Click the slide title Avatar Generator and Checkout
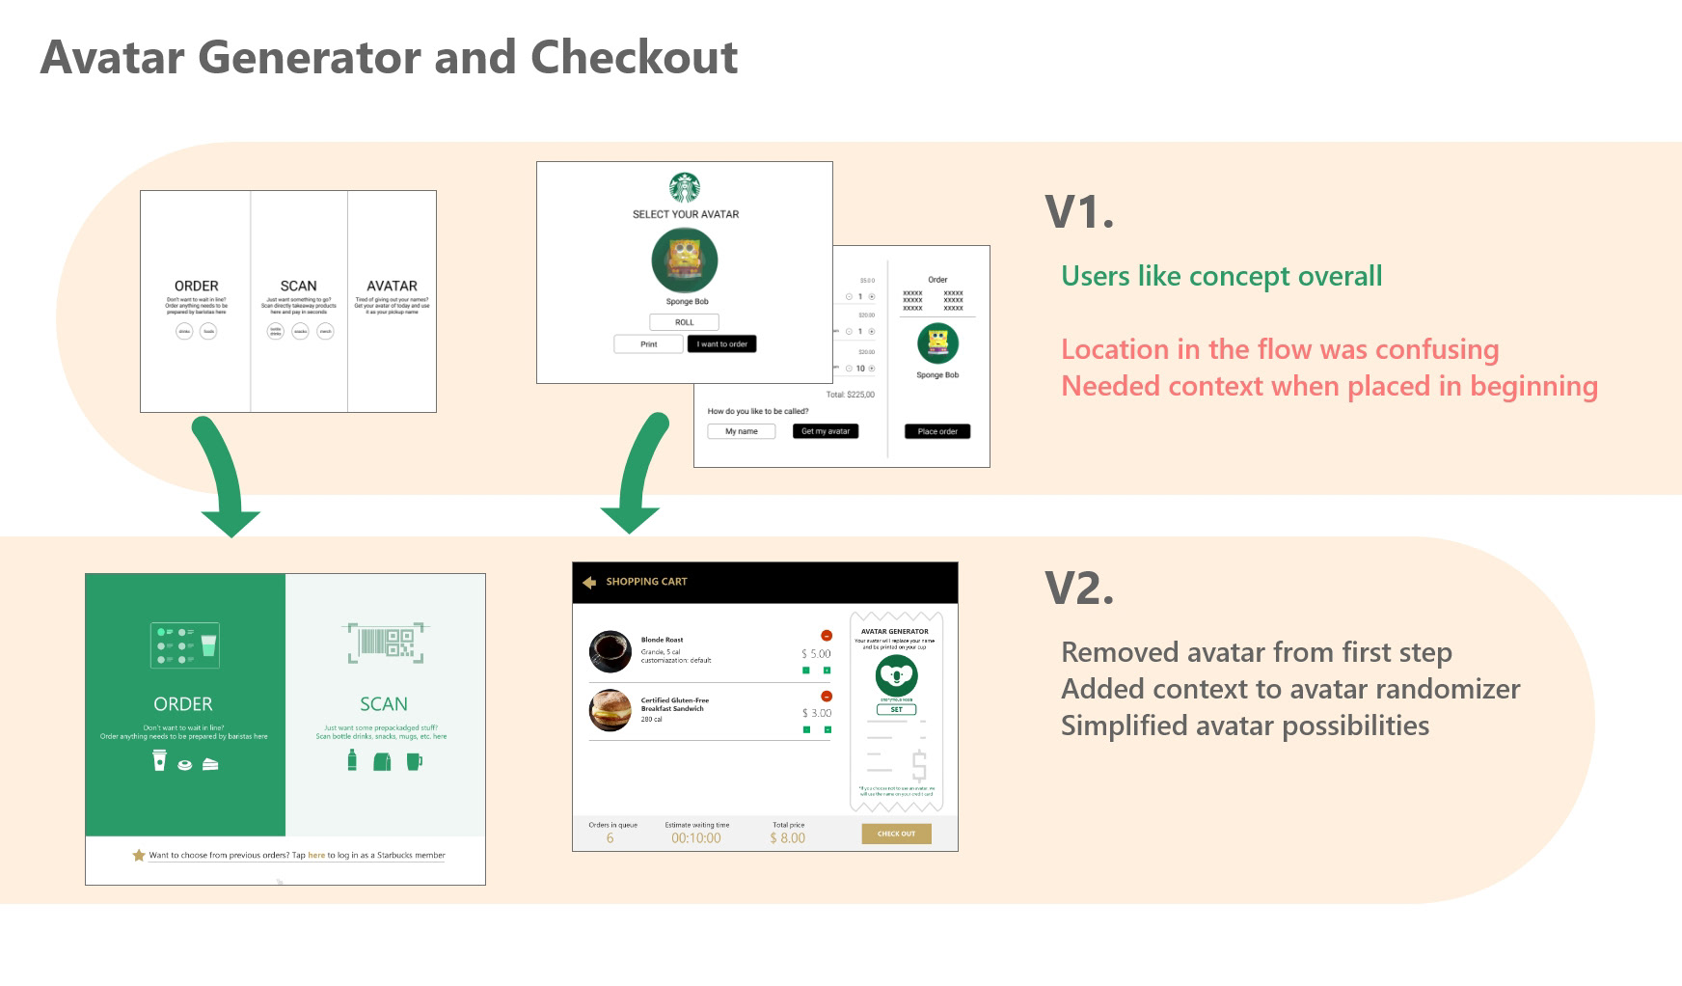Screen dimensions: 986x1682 pos(389,57)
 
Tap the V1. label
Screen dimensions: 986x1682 pos(1078,212)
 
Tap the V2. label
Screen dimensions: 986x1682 pos(1078,588)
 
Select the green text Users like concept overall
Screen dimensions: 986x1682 pos(1221,276)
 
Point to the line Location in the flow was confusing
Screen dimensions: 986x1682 pos(1280,349)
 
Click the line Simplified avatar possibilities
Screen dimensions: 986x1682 pos(1244,726)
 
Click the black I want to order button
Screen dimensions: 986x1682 pos(721,344)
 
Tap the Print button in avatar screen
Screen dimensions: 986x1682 pos(649,344)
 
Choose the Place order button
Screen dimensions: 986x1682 pos(936,431)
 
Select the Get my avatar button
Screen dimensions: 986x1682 pos(826,431)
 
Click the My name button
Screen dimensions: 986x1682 pos(741,431)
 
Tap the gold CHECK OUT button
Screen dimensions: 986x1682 pos(896,834)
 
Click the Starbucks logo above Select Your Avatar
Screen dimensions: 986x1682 pos(685,187)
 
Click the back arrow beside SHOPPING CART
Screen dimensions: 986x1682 pos(589,582)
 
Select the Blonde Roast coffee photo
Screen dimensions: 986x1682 pos(610,651)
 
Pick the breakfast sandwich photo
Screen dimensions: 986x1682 pos(610,710)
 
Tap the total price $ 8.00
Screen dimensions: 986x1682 pos(787,838)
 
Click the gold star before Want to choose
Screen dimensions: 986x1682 pos(138,855)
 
